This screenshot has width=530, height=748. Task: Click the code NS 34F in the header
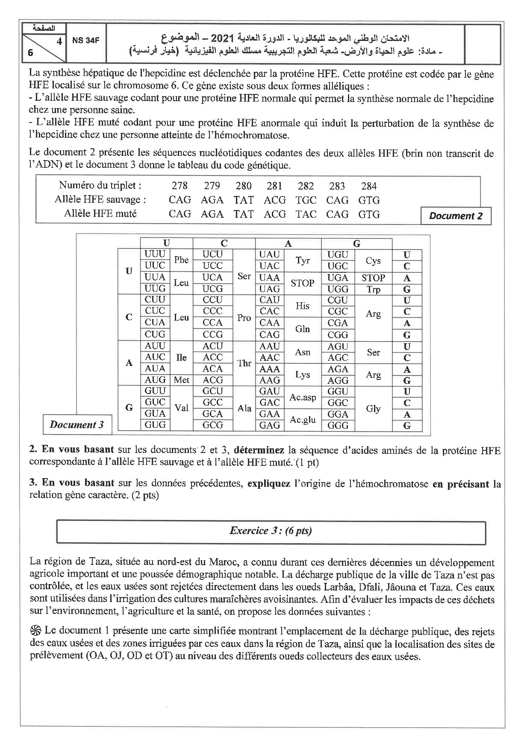pyautogui.click(x=86, y=41)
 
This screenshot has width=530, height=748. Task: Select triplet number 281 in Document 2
pyautogui.click(x=274, y=186)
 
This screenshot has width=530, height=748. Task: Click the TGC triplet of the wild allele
pyautogui.click(x=306, y=200)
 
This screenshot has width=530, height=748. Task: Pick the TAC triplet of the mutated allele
pyautogui.click(x=306, y=214)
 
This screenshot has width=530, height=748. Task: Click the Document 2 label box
pyautogui.click(x=456, y=216)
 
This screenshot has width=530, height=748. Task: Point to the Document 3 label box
pyautogui.click(x=77, y=424)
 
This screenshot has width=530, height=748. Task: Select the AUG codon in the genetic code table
pyautogui.click(x=155, y=380)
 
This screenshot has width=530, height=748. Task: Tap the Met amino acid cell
pyautogui.click(x=181, y=380)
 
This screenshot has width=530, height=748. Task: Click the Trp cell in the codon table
pyautogui.click(x=373, y=289)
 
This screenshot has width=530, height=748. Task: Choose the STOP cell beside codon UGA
pyautogui.click(x=373, y=278)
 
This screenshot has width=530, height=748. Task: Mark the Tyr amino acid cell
pyautogui.click(x=302, y=260)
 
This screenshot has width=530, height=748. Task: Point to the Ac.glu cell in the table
pyautogui.click(x=302, y=420)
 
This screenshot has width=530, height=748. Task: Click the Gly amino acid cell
pyautogui.click(x=373, y=409)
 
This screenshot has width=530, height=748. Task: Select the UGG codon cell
pyautogui.click(x=338, y=289)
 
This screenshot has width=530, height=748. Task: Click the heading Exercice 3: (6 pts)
pyautogui.click(x=271, y=531)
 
